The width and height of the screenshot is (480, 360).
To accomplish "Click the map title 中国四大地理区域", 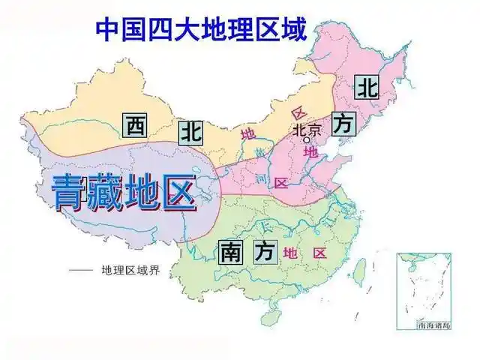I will point(201,31).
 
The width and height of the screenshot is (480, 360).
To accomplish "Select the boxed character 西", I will point(135,125).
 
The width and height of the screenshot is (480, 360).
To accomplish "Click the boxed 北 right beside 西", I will point(190,133).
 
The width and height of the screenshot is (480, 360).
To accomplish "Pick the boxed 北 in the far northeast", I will point(367,87).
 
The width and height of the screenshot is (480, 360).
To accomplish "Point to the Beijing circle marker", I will point(306,139).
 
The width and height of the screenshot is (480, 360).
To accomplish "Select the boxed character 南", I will point(230,252).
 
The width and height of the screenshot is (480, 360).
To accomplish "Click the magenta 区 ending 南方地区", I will point(320,253).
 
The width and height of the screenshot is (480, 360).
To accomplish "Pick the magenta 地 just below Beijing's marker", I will point(310,152).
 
